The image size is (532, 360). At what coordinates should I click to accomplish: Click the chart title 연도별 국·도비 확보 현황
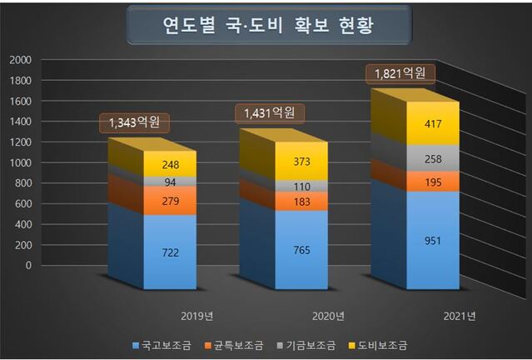click(x=268, y=25)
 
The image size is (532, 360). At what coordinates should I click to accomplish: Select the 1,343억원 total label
click(x=134, y=123)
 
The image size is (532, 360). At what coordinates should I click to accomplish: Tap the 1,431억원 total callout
click(x=268, y=112)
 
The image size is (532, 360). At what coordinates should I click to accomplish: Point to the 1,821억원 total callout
click(x=400, y=73)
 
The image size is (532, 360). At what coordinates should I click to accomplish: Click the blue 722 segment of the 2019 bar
click(x=169, y=251)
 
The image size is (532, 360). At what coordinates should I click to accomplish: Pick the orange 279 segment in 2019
click(x=169, y=200)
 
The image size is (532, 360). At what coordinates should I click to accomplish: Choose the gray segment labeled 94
click(x=169, y=182)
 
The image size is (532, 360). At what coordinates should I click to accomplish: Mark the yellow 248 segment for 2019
click(x=169, y=163)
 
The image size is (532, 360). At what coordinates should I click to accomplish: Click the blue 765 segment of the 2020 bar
click(x=301, y=248)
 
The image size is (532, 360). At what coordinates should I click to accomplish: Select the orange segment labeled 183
click(x=301, y=202)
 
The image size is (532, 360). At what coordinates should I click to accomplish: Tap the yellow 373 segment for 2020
click(x=301, y=161)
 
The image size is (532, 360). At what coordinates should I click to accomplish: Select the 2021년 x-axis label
click(x=459, y=316)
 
